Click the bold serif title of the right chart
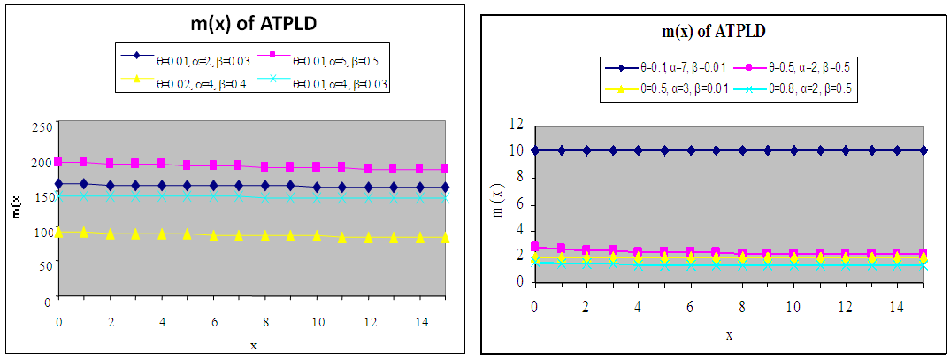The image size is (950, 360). click(714, 31)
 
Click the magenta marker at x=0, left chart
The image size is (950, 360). click(58, 162)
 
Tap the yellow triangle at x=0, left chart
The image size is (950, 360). click(58, 232)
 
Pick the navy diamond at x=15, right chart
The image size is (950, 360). click(923, 150)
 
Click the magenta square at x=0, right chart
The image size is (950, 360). click(534, 247)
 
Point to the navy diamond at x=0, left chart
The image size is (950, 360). click(58, 184)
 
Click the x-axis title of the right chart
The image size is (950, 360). click(729, 335)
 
